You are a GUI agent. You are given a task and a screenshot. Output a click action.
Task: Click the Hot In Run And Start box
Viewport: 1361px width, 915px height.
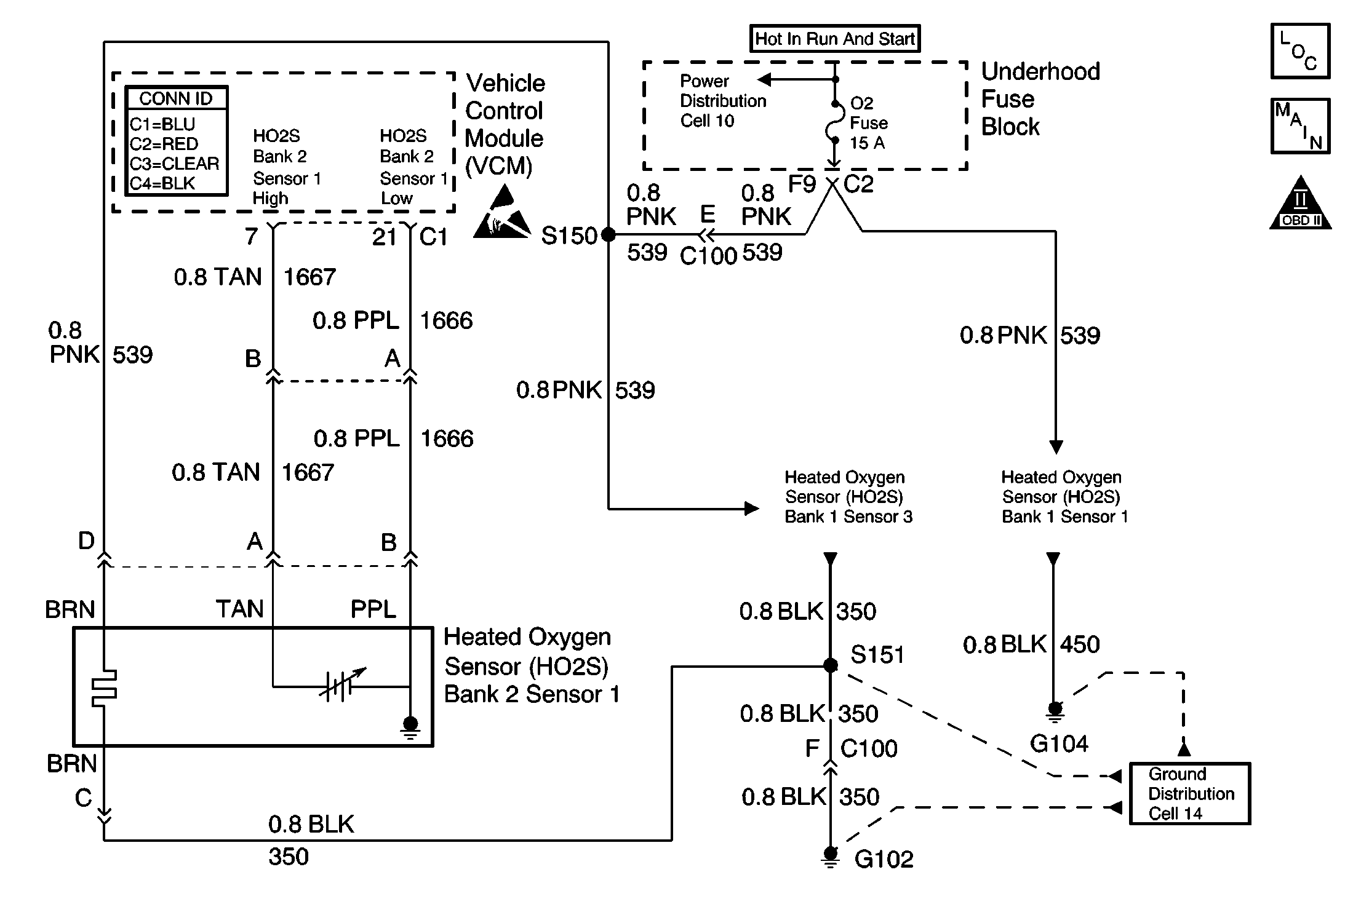834,39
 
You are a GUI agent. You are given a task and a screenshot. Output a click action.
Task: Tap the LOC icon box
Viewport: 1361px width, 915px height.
1300,52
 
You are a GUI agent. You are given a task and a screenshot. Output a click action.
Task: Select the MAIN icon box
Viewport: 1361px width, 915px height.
1300,126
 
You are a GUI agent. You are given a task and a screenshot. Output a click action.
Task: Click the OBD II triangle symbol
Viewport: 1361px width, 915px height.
1300,204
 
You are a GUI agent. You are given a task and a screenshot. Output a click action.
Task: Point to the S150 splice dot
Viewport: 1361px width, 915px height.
608,234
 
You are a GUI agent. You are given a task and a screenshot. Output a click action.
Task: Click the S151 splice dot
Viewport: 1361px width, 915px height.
830,665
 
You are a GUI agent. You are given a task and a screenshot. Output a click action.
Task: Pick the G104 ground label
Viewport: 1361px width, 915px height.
1059,744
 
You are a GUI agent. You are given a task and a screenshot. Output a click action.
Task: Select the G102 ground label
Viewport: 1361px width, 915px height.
884,859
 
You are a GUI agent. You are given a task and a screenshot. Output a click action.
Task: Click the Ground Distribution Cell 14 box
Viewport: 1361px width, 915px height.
1190,793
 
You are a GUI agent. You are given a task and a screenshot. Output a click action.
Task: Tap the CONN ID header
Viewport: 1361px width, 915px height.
176,98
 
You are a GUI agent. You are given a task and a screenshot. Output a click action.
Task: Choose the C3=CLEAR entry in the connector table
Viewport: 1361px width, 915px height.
174,164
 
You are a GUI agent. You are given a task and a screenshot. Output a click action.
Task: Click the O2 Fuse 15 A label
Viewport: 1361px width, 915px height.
868,123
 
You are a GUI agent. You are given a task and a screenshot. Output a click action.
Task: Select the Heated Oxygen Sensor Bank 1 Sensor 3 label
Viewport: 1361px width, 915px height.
848,497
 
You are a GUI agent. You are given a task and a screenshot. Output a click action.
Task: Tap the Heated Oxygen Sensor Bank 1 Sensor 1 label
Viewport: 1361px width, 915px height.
1064,497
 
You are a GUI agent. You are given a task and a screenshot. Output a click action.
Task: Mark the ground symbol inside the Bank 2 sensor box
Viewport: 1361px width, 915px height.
410,726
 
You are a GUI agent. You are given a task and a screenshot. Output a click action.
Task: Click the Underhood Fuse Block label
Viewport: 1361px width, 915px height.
1040,99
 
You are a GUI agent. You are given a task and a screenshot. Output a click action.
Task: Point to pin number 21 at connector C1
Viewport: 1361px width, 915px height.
384,237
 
